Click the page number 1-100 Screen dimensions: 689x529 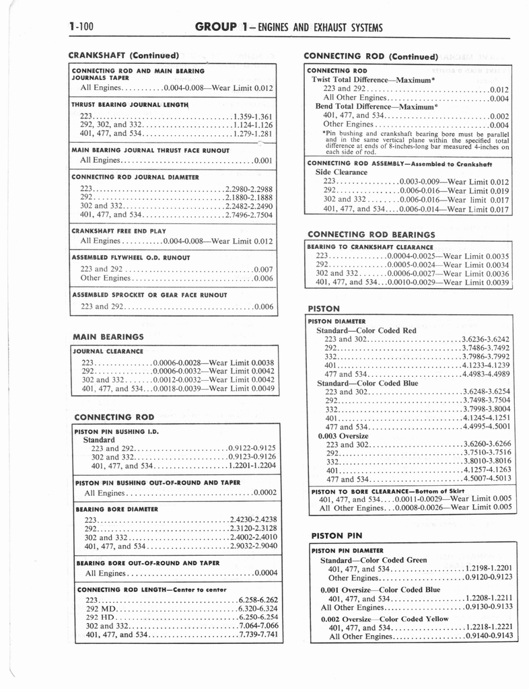(x=81, y=28)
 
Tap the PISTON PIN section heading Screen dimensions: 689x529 (x=337, y=536)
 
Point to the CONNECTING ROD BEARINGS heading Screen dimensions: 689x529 (x=371, y=234)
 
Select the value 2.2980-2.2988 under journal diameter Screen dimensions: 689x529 (x=249, y=188)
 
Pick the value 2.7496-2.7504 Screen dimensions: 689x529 (x=249, y=215)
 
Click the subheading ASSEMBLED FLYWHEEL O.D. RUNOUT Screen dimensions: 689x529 (x=131, y=258)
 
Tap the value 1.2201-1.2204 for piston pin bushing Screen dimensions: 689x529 (x=252, y=466)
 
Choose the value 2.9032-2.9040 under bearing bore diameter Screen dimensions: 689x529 (x=253, y=546)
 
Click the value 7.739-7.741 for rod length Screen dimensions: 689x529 (x=258, y=634)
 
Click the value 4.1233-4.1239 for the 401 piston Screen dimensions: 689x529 (x=486, y=365)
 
